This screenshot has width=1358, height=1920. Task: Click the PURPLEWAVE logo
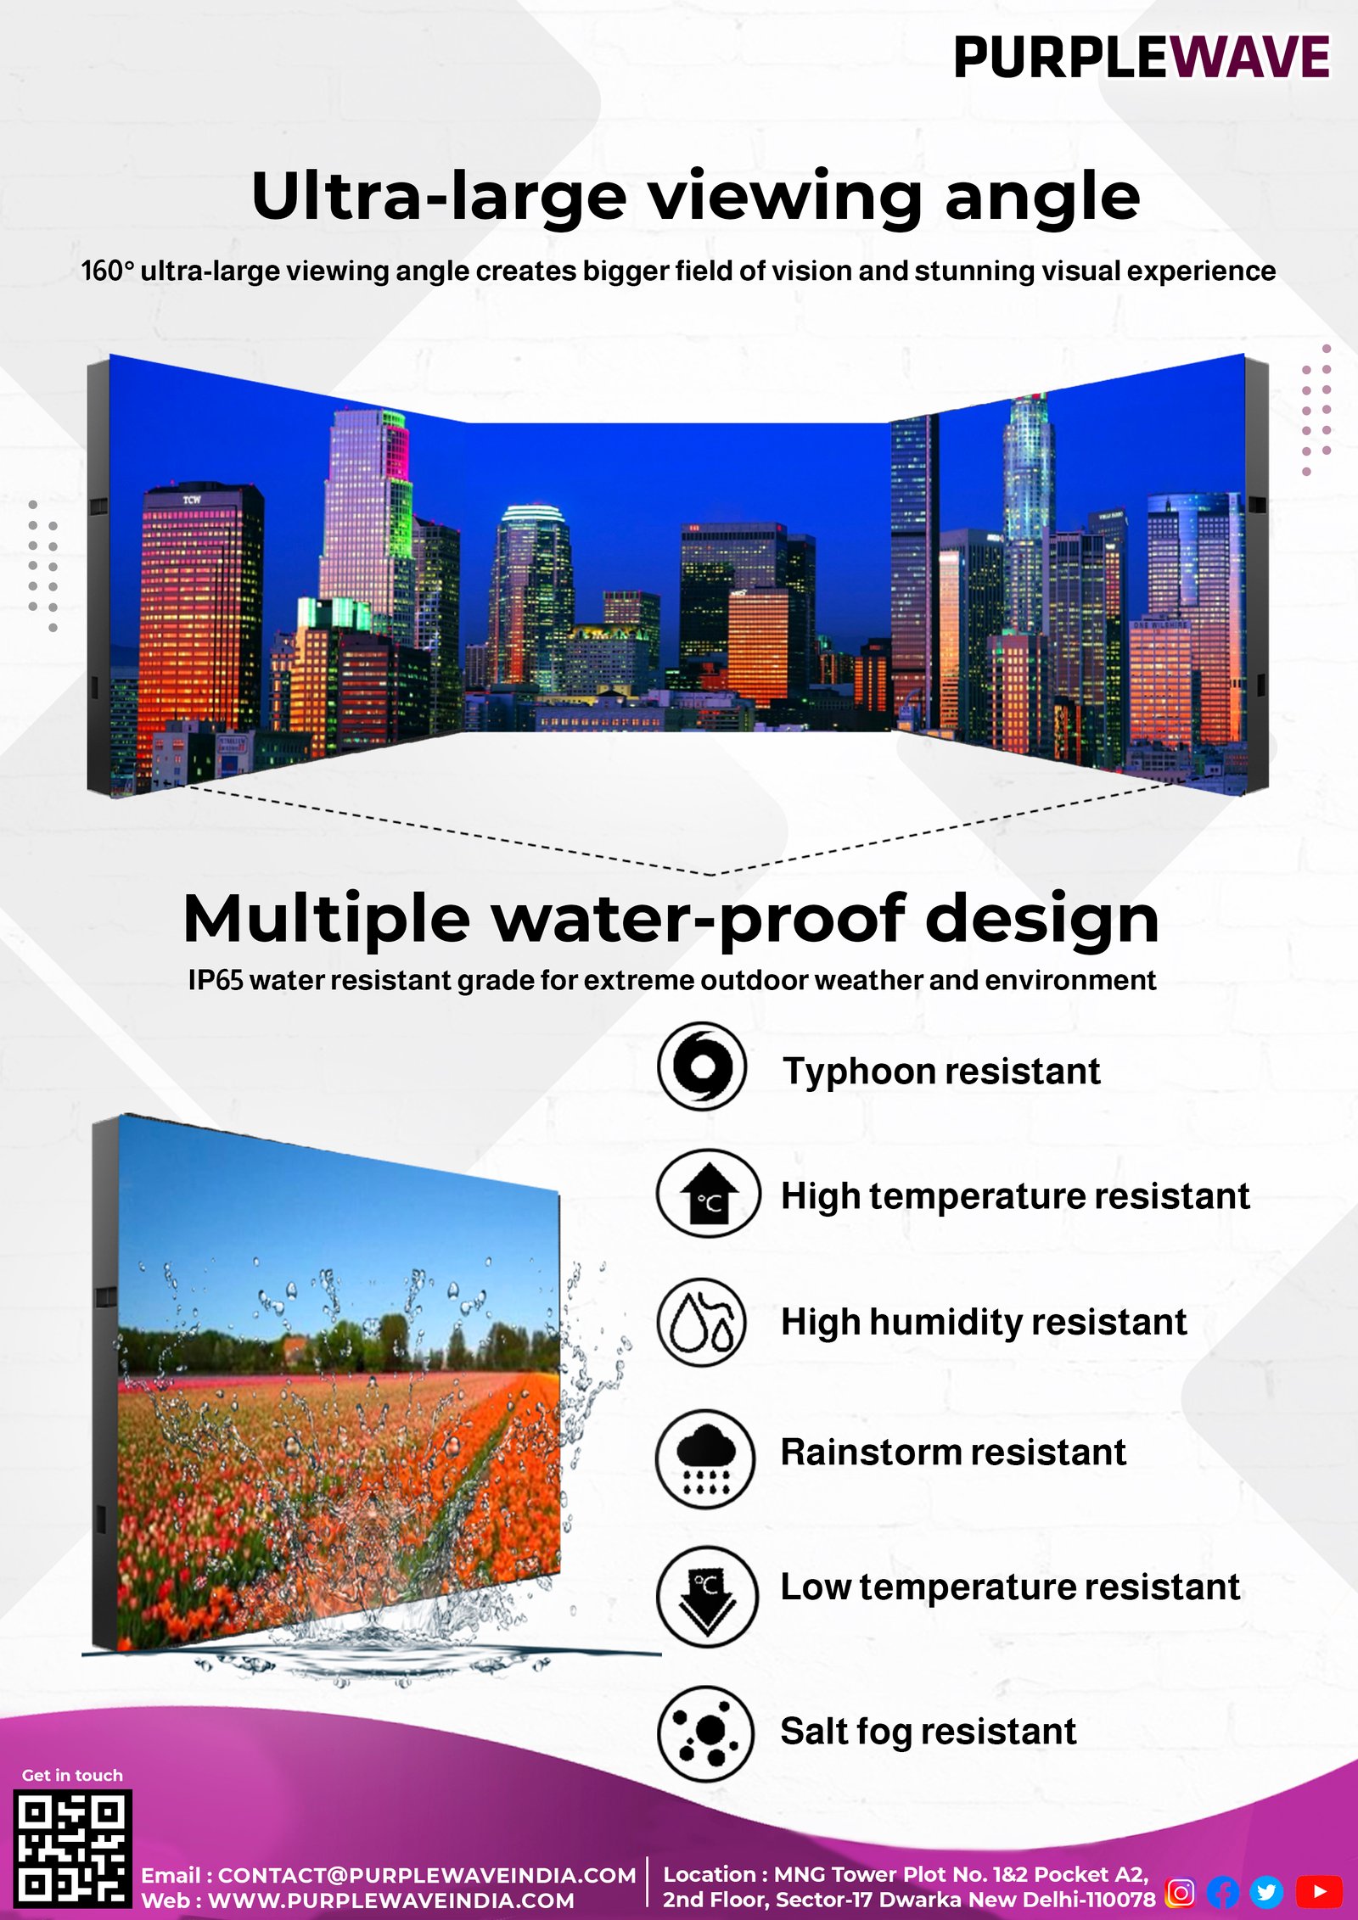1142,58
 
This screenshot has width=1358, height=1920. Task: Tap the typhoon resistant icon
702,1066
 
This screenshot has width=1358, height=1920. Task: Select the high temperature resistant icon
709,1194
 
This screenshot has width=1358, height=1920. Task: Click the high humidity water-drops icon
702,1322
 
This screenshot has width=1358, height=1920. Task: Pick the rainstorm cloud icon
706,1458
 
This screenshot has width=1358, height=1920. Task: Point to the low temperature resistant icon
707,1596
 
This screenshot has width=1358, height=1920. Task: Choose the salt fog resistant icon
706,1733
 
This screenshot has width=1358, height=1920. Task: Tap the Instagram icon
1181,1891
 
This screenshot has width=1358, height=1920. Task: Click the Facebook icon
1223,1891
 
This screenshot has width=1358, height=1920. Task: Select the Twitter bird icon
1266,1891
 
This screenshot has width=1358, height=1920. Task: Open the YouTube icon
1319,1891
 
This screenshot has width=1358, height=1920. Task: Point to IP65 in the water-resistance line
216,980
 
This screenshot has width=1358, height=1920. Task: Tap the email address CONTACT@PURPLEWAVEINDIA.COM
427,1875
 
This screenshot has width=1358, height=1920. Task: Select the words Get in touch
72,1775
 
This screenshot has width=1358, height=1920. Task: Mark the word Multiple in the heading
327,920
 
